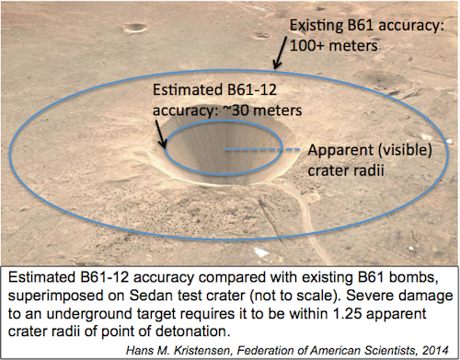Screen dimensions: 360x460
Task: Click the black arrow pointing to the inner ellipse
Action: click(164, 134)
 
